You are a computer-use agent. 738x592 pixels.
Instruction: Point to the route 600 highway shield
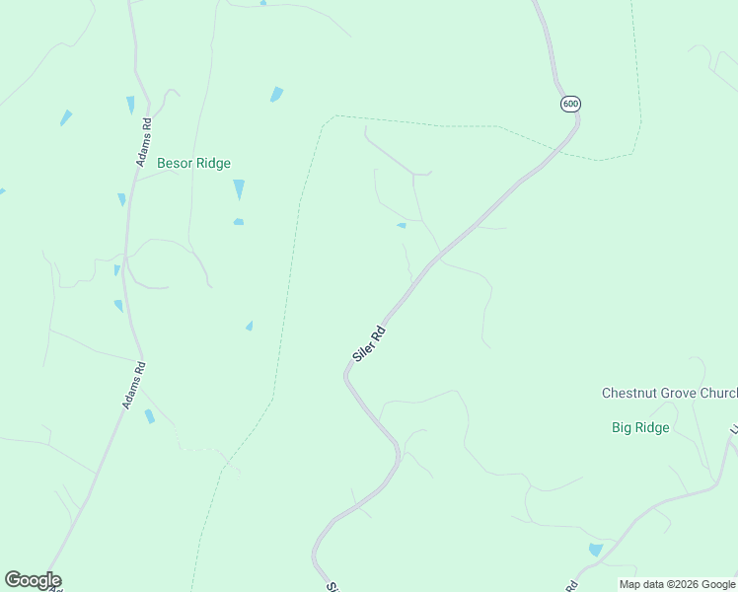pos(570,104)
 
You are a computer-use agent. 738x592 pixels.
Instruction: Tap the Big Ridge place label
pos(640,428)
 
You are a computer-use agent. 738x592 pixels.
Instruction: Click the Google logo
pos(33,580)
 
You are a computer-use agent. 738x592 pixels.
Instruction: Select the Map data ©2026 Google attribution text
pos(678,584)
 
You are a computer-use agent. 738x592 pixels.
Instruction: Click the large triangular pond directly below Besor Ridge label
pos(239,188)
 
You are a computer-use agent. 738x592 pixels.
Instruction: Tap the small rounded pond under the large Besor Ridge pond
pos(239,222)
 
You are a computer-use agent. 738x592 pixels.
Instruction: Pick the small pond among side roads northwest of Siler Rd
pos(402,226)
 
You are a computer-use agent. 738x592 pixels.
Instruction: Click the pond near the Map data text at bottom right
pos(595,550)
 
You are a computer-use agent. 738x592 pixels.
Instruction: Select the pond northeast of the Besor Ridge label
pos(276,95)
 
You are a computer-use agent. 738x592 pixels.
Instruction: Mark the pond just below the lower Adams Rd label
pos(150,416)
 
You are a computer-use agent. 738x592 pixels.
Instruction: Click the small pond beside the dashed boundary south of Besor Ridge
pos(249,326)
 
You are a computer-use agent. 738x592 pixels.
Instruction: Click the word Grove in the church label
pos(678,394)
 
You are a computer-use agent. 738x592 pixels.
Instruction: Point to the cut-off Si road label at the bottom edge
pos(333,586)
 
